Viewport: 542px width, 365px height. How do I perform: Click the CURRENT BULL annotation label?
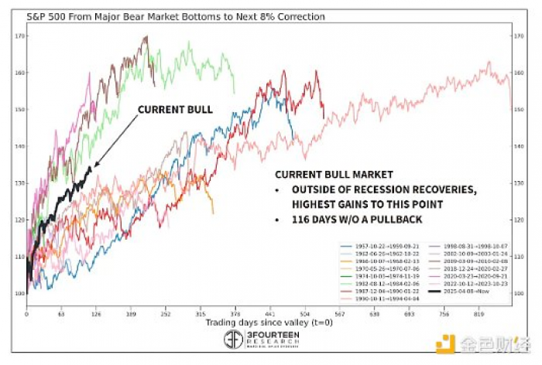click(174, 110)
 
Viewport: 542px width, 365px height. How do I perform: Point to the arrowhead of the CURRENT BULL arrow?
click(93, 165)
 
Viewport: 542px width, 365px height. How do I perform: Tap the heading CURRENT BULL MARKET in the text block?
click(334, 176)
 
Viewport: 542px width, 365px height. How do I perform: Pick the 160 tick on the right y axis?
click(520, 73)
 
